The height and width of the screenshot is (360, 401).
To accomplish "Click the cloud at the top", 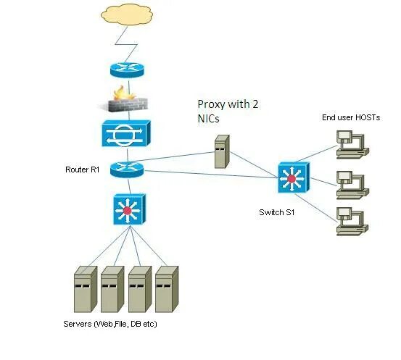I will [x=128, y=16].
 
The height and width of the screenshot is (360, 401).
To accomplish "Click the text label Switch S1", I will [x=278, y=212].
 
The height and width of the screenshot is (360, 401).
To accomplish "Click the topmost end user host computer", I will [x=354, y=146].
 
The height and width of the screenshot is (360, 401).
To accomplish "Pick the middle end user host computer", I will [x=354, y=184].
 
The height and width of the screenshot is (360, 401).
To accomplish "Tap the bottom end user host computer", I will [x=354, y=222].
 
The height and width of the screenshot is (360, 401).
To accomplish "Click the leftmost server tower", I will [x=85, y=290].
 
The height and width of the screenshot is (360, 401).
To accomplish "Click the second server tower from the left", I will [x=112, y=290].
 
